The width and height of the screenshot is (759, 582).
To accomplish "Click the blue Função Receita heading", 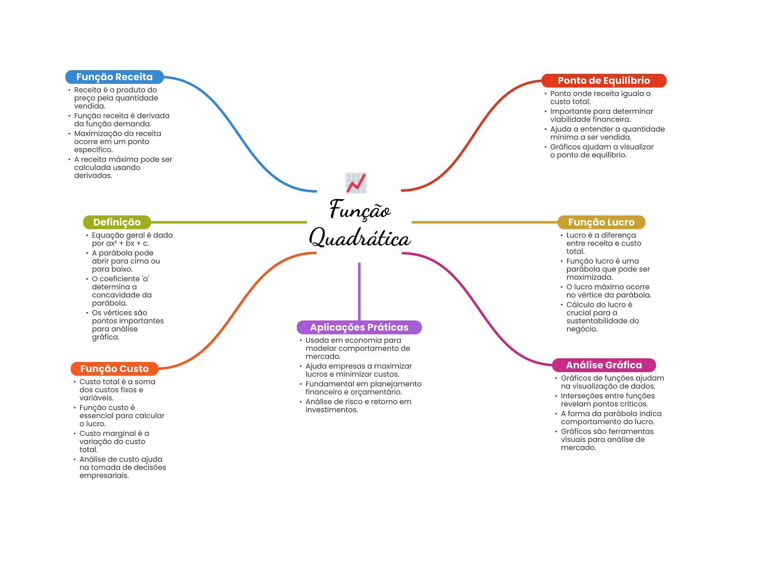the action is pos(115,77).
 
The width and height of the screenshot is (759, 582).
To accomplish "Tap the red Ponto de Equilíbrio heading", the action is pos(604,80).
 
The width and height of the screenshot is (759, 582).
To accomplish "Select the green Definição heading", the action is pos(117,222).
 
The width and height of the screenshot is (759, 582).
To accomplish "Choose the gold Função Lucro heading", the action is pos(601,222).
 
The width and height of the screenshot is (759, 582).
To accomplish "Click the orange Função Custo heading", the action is pos(115,369).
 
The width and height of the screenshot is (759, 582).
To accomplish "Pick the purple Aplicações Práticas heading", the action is pos(359,327).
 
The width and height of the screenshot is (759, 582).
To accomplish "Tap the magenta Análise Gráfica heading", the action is pos(604,365).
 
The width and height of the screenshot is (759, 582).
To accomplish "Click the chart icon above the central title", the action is pos(356,183).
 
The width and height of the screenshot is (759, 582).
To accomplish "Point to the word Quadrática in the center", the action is pos(360,237).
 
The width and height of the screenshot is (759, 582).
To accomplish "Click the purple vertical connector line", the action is pos(359,292).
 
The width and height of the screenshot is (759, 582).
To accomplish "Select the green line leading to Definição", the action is pos(229,222).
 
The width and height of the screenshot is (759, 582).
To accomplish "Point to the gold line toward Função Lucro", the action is pos(485,222).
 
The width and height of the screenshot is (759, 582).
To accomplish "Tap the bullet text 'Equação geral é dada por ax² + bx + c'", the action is pos(132,239).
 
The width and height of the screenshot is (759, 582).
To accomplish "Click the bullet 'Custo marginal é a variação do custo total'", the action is pos(114,441).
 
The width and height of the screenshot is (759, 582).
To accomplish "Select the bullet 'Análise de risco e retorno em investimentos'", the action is pos(358,406).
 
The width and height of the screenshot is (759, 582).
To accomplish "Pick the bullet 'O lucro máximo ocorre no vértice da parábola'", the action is pos(609,291).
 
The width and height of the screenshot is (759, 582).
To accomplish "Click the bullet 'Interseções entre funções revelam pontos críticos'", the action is pos(608,400).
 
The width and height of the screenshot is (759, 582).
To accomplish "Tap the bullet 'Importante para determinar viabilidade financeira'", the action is pos(601,115).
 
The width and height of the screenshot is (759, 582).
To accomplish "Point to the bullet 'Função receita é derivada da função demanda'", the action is pos(122,120).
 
